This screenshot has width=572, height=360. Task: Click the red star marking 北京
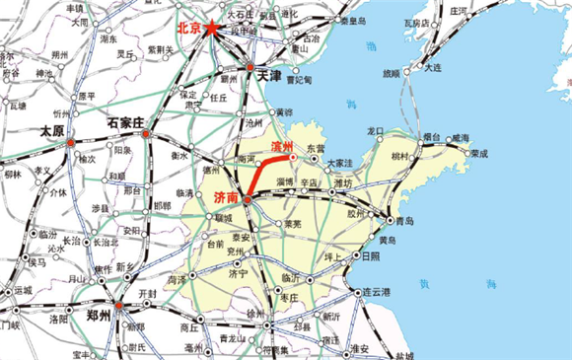[213, 30]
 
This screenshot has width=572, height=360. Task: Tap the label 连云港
[378, 292]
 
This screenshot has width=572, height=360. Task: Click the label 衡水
[179, 155]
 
